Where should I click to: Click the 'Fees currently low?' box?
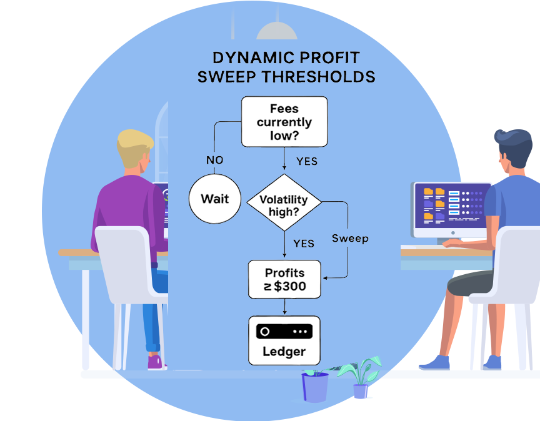click(x=284, y=122)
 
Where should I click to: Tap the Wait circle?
click(x=214, y=199)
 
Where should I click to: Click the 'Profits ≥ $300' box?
click(x=284, y=279)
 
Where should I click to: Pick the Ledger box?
click(x=284, y=340)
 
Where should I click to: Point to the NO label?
click(x=214, y=161)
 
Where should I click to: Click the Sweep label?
click(x=350, y=238)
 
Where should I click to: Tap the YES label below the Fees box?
click(x=306, y=161)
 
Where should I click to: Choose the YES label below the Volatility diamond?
click(x=303, y=243)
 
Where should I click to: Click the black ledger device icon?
click(x=284, y=331)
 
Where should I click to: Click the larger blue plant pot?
click(x=315, y=387)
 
